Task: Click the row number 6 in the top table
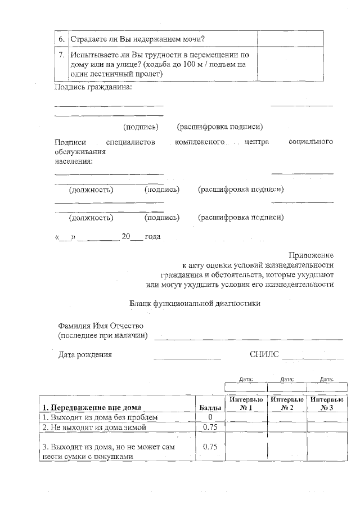62,39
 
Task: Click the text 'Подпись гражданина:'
93,87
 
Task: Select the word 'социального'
310,142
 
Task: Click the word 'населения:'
74,161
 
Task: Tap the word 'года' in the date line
153,237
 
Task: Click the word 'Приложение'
311,254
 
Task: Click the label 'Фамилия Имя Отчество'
101,326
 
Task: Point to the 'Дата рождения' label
85,355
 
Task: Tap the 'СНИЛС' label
264,354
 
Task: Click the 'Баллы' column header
210,408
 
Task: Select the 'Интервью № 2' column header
287,403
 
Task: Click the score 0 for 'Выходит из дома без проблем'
210,417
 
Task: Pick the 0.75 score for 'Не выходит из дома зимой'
210,427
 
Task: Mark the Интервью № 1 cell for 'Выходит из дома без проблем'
246,417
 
